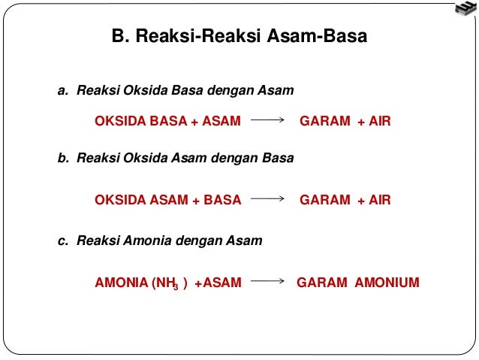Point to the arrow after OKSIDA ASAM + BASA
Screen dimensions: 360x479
269,200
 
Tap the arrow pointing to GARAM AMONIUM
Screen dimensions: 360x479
269,283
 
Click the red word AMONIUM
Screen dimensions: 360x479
387,283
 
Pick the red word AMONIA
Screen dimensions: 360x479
121,283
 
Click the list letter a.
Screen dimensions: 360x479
63,91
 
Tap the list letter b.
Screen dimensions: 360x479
63,159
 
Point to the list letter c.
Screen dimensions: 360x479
63,241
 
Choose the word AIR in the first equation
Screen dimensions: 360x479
380,120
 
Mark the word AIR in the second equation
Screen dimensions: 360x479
380,200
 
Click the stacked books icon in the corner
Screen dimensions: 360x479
465,10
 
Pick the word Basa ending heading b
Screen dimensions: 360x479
279,159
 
